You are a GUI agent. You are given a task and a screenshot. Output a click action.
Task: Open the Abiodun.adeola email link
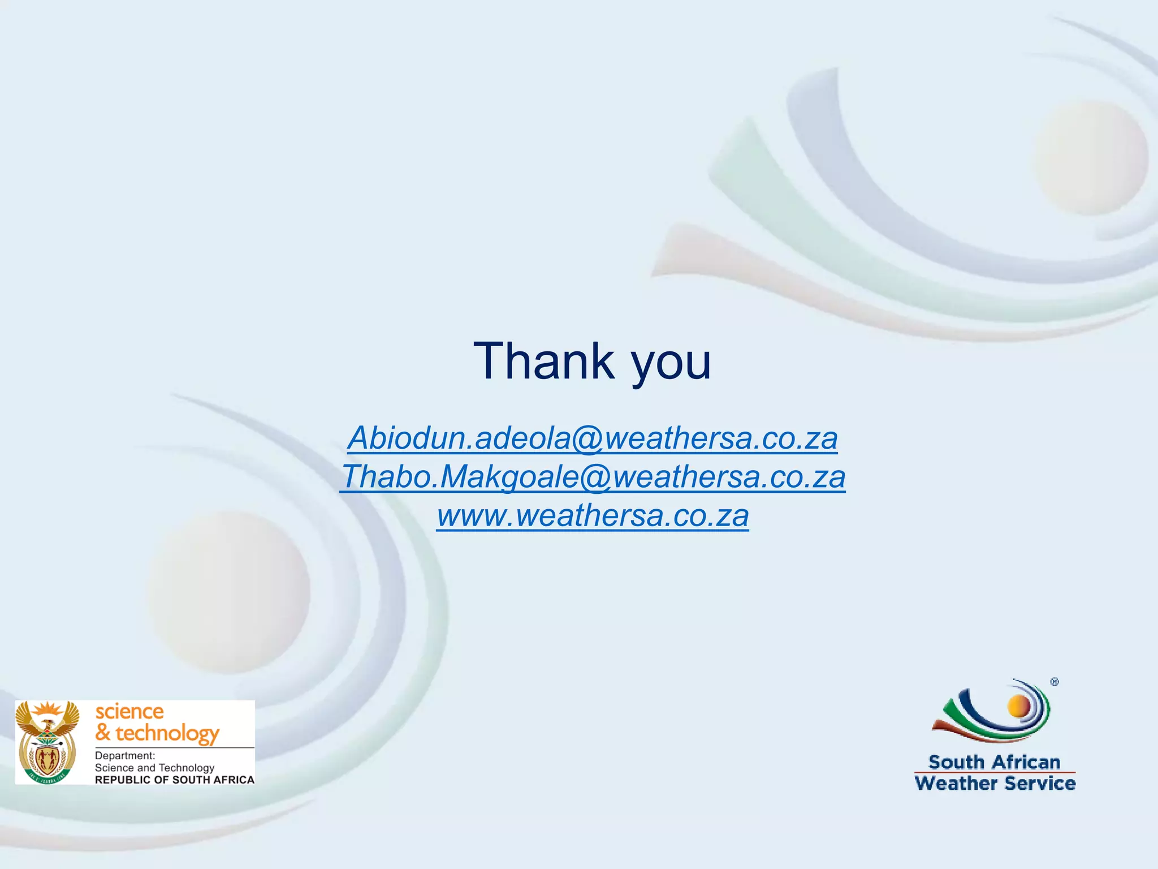tap(592, 438)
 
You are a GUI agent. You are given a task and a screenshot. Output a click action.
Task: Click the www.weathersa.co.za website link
tap(592, 515)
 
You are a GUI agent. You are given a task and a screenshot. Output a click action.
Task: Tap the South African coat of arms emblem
tap(47, 742)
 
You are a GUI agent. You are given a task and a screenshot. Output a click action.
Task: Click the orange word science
tap(129, 711)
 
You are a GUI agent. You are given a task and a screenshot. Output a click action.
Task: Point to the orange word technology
tap(167, 733)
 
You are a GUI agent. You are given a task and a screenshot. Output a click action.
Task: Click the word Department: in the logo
tap(124, 756)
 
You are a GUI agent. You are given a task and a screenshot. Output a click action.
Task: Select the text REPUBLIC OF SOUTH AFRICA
tap(174, 780)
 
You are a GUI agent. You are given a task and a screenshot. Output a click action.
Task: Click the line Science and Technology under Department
tap(154, 768)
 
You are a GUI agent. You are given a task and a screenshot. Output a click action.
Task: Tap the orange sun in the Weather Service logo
tap(1019, 705)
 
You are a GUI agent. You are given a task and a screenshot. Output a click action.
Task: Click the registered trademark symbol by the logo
tap(1055, 682)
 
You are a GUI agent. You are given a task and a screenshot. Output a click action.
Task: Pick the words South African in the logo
tap(994, 762)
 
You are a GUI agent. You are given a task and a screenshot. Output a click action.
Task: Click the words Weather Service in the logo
tap(995, 784)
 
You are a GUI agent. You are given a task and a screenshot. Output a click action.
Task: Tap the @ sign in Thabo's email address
tap(595, 477)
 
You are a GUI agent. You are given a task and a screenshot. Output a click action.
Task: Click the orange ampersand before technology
tap(102, 732)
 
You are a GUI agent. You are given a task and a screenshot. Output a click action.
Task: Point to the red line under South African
tap(995, 772)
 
